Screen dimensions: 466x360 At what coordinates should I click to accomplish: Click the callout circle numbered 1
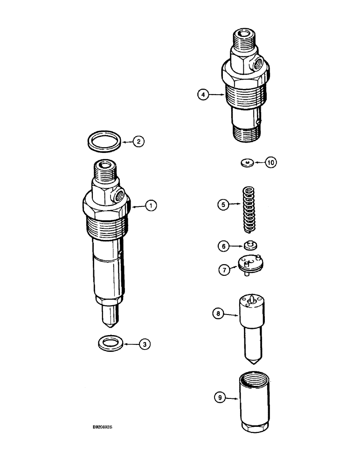(x=151, y=206)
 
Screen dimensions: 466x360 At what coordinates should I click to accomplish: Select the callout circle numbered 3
(x=145, y=344)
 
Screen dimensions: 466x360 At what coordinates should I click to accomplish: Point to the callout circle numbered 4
(x=202, y=95)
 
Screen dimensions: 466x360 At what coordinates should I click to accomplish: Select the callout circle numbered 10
(x=271, y=163)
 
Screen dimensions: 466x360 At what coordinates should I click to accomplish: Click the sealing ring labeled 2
(x=105, y=141)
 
